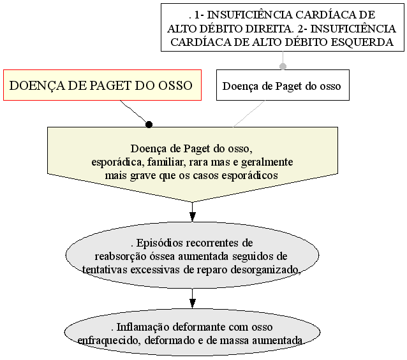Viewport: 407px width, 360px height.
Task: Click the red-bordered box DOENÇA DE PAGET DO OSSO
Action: tap(102, 85)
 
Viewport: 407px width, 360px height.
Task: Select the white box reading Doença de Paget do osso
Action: tap(283, 85)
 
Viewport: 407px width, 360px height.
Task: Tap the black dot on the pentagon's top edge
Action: tap(149, 124)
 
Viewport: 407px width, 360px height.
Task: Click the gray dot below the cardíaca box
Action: tap(283, 66)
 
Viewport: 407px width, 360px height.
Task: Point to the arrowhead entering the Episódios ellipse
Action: tap(193, 217)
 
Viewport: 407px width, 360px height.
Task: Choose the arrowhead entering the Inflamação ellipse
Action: tap(193, 303)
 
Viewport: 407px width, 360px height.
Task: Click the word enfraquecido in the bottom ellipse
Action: tap(109, 340)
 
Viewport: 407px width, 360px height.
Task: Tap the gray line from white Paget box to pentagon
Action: tap(249, 114)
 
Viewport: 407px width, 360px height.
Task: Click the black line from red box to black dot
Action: tap(134, 112)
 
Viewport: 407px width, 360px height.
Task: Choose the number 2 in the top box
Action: tap(300, 29)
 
